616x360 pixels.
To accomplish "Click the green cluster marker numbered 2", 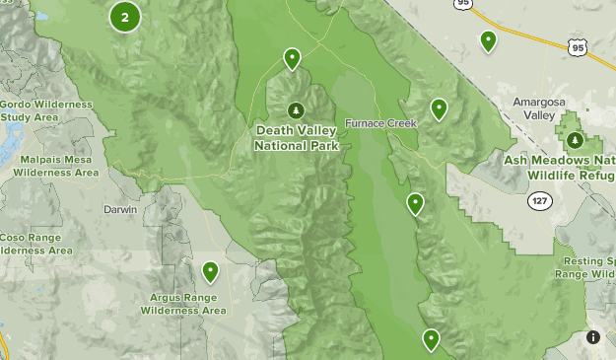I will coord(124,17).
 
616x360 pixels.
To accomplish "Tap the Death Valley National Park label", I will coord(297,137).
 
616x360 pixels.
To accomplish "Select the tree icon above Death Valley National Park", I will coord(296,110).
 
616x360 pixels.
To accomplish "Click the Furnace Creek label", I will coord(381,123).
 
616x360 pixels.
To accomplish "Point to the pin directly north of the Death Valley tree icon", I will coord(292,59).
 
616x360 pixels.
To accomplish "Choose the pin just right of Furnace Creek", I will coord(439,108).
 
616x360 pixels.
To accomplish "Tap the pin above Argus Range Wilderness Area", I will coord(210,271).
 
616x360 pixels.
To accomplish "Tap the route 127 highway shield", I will coord(539,200).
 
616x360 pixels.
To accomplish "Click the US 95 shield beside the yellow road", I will coord(578,47).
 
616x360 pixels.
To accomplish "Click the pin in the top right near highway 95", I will coord(488,40).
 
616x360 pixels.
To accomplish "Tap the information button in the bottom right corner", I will coord(593,337).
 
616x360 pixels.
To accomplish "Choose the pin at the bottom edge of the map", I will coord(431,340).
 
